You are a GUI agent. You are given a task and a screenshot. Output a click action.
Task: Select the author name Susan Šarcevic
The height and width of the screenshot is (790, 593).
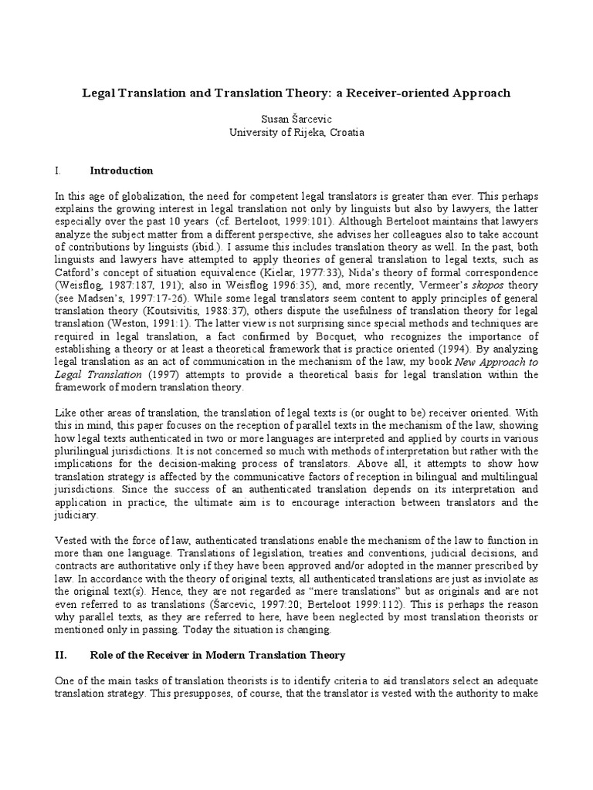coord(296,120)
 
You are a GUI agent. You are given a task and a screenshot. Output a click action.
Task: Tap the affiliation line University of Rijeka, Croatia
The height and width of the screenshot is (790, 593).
coord(296,132)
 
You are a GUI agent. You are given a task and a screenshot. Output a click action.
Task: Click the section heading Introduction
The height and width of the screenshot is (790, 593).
coord(121,170)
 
